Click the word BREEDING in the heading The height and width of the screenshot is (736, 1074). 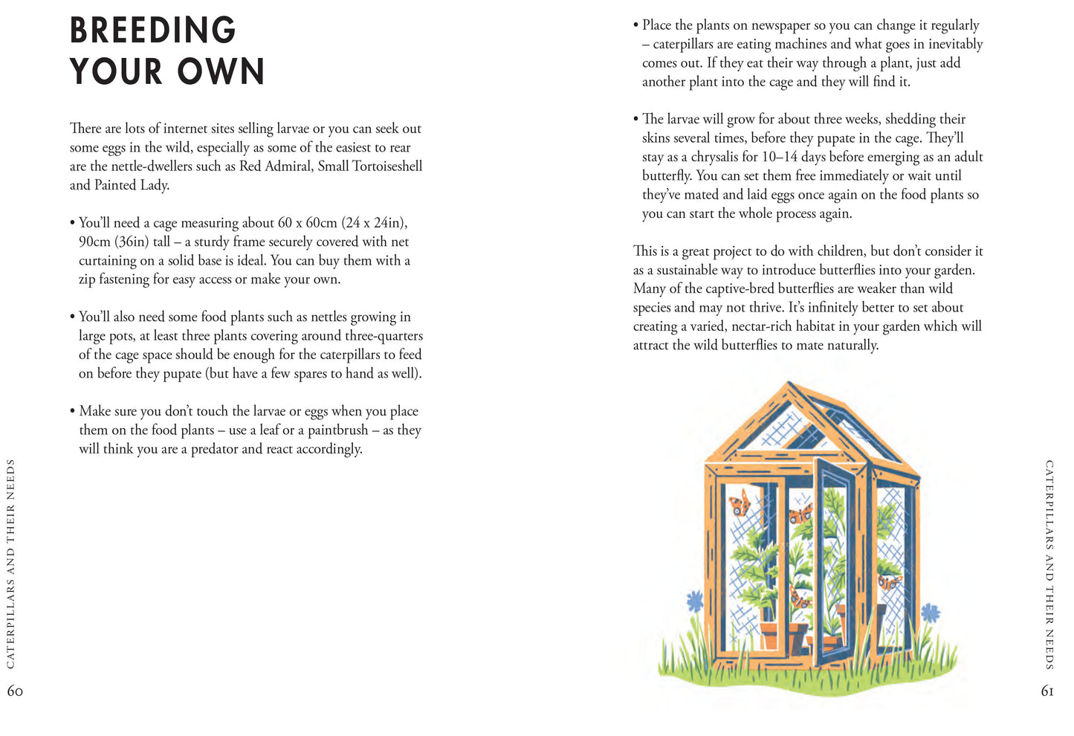152,31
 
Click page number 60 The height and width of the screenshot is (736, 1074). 15,691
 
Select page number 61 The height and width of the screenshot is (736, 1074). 1047,691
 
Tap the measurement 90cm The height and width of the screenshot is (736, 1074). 94,242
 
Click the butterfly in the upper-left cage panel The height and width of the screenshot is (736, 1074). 740,503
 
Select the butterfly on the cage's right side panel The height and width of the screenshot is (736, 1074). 889,581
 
